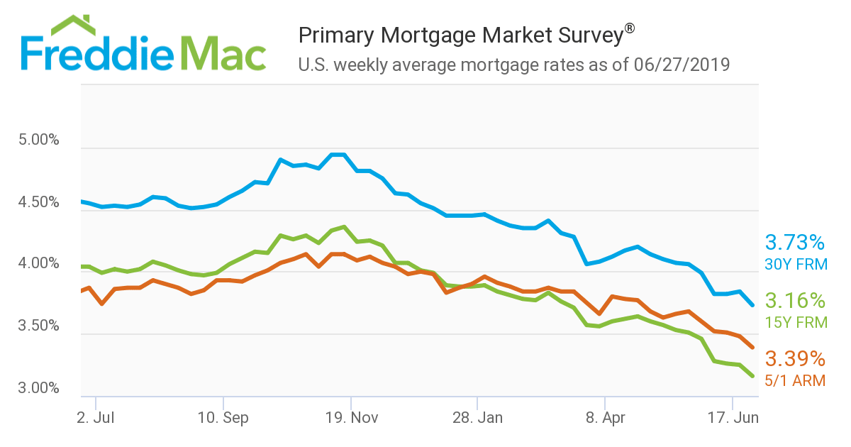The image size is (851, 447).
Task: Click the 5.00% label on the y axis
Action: (x=38, y=140)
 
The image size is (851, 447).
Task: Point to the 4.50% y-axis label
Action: (x=38, y=202)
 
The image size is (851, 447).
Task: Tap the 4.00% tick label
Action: (x=38, y=264)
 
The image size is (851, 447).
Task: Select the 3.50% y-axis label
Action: (x=38, y=326)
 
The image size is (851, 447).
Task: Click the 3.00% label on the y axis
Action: (x=38, y=388)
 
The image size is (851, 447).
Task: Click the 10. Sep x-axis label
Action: (x=223, y=417)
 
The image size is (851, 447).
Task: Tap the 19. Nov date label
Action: (x=350, y=417)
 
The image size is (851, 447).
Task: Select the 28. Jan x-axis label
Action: (x=478, y=417)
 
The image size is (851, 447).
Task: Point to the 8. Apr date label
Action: (x=605, y=417)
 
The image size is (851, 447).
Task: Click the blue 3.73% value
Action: (x=794, y=243)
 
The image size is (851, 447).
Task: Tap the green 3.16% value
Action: (x=794, y=299)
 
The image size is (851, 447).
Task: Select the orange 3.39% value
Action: (x=794, y=358)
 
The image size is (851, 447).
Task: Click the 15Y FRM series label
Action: (x=796, y=323)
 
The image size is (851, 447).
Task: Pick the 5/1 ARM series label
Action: (x=795, y=380)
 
